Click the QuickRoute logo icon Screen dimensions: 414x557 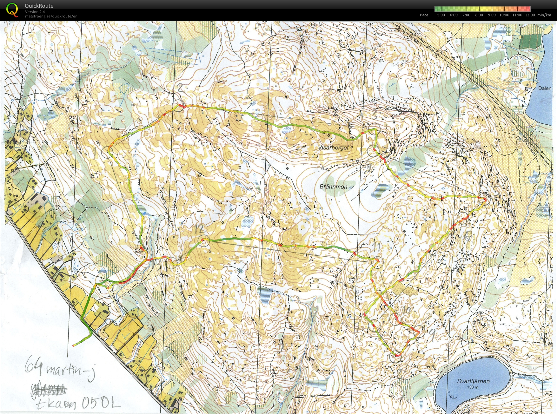(12, 10)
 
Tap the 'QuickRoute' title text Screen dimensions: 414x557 (39, 6)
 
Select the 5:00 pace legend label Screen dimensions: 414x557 (441, 15)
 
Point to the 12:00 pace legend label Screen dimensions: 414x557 (530, 15)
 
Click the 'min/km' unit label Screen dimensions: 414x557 (544, 15)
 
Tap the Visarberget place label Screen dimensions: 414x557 (333, 148)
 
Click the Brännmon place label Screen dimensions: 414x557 (333, 187)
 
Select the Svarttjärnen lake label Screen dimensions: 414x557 (473, 381)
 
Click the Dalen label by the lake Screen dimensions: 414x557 (545, 88)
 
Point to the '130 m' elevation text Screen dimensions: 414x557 (473, 387)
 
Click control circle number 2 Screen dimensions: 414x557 (178, 106)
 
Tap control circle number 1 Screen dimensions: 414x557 (107, 152)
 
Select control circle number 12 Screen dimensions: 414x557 (203, 241)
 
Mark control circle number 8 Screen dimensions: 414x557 (395, 357)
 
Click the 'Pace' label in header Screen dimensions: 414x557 (424, 15)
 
